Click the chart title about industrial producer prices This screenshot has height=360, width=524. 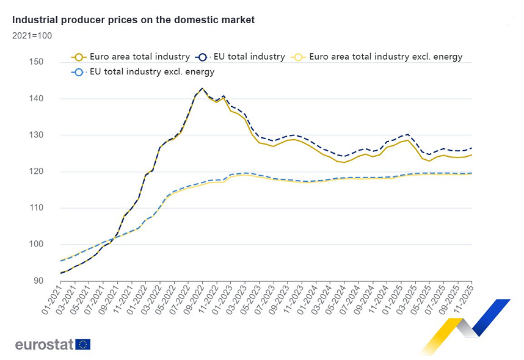point(134,20)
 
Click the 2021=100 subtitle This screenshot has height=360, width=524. point(32,35)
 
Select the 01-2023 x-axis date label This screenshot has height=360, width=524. point(223,300)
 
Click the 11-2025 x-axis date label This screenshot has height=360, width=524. point(466,300)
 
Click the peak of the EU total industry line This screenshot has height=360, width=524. point(202,88)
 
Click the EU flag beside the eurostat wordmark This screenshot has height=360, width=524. point(84,345)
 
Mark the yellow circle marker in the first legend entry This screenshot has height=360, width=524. point(78,57)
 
